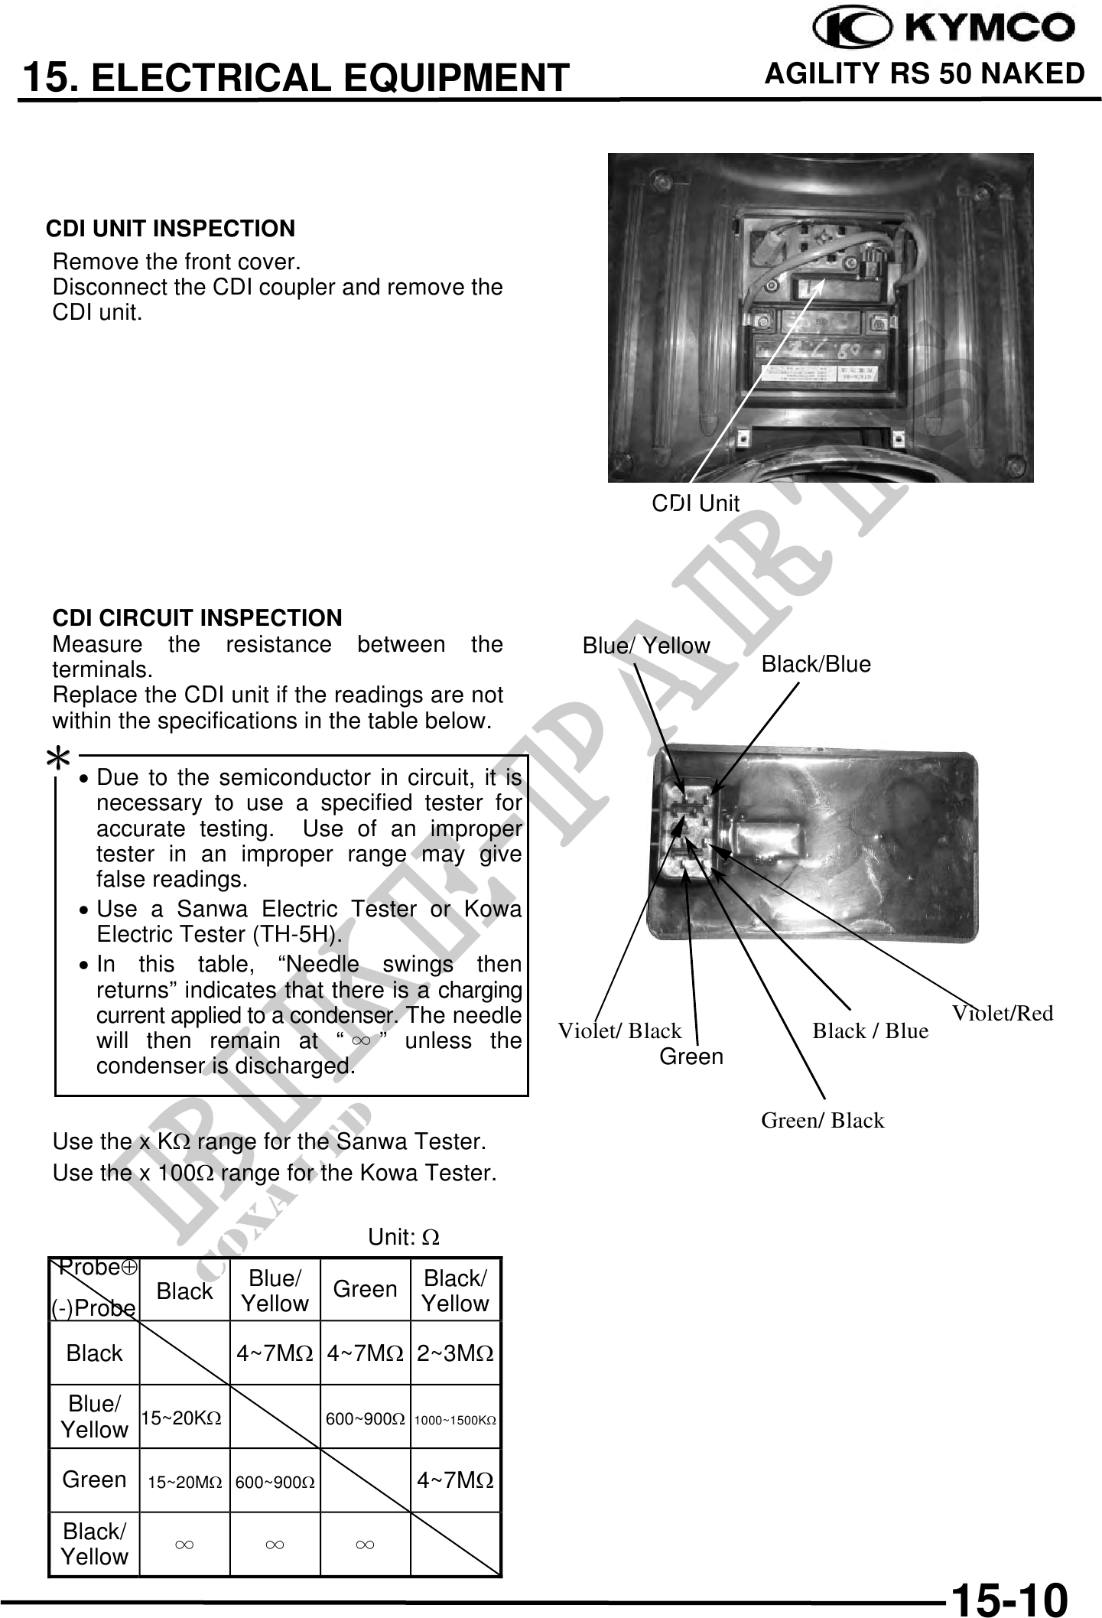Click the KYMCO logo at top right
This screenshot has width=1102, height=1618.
[x=943, y=29]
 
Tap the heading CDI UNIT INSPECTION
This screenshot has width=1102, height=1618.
[x=171, y=229]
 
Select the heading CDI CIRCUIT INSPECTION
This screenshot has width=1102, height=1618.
[x=197, y=617]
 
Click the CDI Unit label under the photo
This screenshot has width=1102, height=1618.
[x=695, y=503]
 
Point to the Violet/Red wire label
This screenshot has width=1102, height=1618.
[x=1002, y=1013]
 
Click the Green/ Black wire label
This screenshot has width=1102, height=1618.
[x=822, y=1120]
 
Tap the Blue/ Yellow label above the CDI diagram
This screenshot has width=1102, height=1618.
[x=645, y=646]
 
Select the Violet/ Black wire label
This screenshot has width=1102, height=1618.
[x=619, y=1030]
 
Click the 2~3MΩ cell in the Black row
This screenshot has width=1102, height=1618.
[x=455, y=1353]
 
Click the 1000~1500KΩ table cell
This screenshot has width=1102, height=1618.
[x=455, y=1420]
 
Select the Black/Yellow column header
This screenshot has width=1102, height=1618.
[x=455, y=1291]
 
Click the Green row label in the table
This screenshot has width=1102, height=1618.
[x=94, y=1480]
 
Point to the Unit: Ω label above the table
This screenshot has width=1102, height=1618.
[x=404, y=1237]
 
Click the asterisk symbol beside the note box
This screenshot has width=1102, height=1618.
[x=58, y=760]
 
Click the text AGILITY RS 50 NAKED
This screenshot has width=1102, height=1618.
[x=924, y=73]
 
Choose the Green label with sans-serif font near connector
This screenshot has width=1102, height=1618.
[x=691, y=1056]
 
